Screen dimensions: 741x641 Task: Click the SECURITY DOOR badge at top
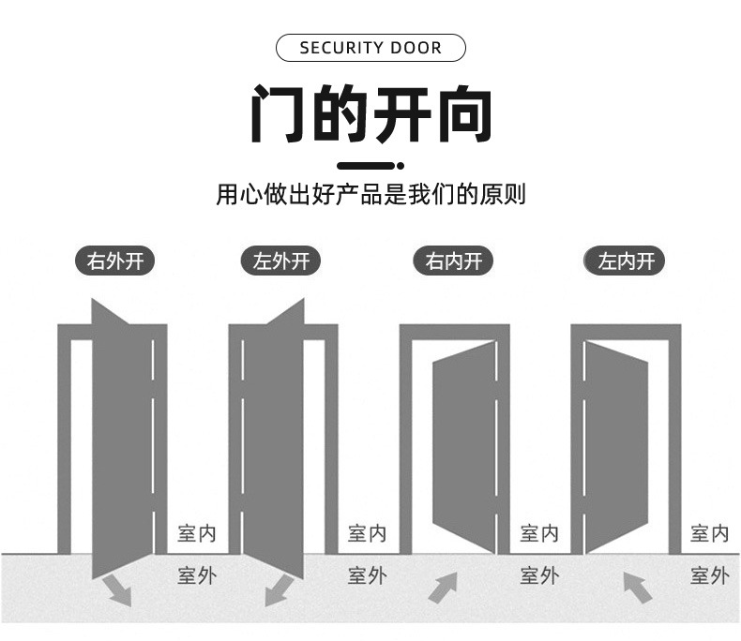coord(370,48)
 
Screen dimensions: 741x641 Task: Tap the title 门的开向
coord(370,114)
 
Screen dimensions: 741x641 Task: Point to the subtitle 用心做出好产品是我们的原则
coord(370,195)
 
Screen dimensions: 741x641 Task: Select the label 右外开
coord(115,261)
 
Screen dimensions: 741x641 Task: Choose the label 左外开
coord(281,261)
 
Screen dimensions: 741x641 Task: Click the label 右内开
coord(454,261)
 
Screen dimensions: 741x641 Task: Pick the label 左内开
coord(625,261)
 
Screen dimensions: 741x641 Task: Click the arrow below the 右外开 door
coord(116,589)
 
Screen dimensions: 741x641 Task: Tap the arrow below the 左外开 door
coord(279,589)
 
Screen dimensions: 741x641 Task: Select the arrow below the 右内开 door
coord(443,589)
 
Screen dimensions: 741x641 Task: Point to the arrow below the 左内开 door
coord(638,589)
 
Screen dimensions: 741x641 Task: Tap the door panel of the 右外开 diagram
coord(122,440)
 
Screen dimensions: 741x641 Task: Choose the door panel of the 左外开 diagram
coord(273,440)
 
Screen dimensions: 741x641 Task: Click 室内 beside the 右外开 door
coord(197,534)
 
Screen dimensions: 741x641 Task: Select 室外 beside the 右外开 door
coord(197,575)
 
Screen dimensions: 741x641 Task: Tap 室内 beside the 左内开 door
coord(710,534)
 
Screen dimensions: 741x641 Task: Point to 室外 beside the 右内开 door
coord(539,575)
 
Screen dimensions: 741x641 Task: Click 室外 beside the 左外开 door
coord(367,575)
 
